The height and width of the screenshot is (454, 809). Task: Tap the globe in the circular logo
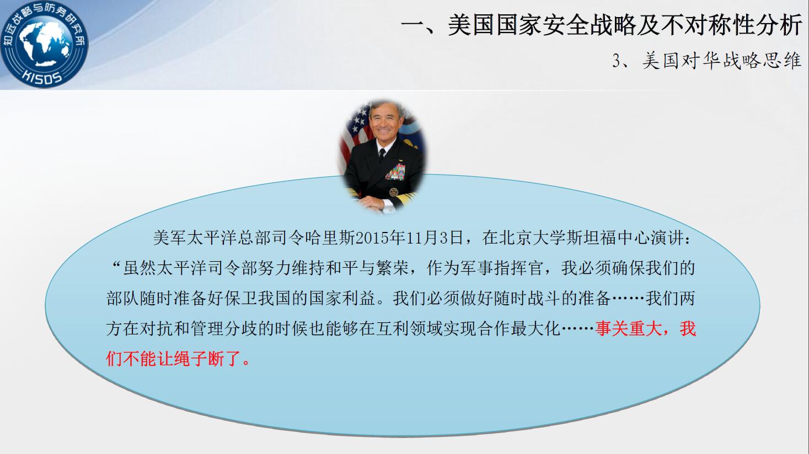[x=44, y=44]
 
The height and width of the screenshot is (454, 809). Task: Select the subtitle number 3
[x=617, y=61]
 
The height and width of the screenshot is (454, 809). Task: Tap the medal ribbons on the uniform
[x=395, y=172]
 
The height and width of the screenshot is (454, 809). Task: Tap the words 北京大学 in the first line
[x=532, y=238]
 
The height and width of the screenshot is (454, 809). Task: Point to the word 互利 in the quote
[x=392, y=329]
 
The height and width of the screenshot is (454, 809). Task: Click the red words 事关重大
[x=629, y=329]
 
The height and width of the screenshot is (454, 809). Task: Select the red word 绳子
[x=191, y=359]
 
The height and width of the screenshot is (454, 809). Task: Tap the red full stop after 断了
[x=247, y=363]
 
